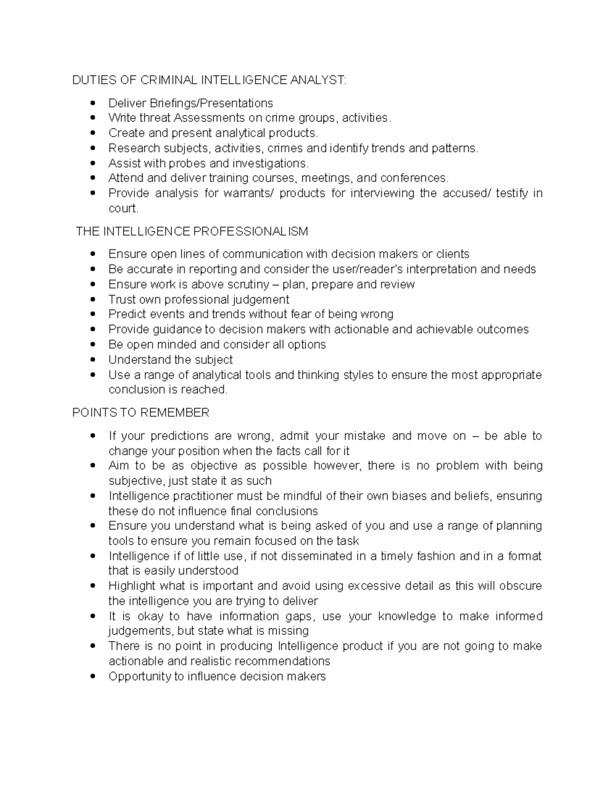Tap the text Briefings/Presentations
pyautogui.click(x=211, y=103)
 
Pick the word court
pyautogui.click(x=123, y=208)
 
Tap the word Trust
pyautogui.click(x=122, y=299)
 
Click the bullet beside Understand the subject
pyautogui.click(x=92, y=360)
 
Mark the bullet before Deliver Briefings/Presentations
pyautogui.click(x=92, y=103)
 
